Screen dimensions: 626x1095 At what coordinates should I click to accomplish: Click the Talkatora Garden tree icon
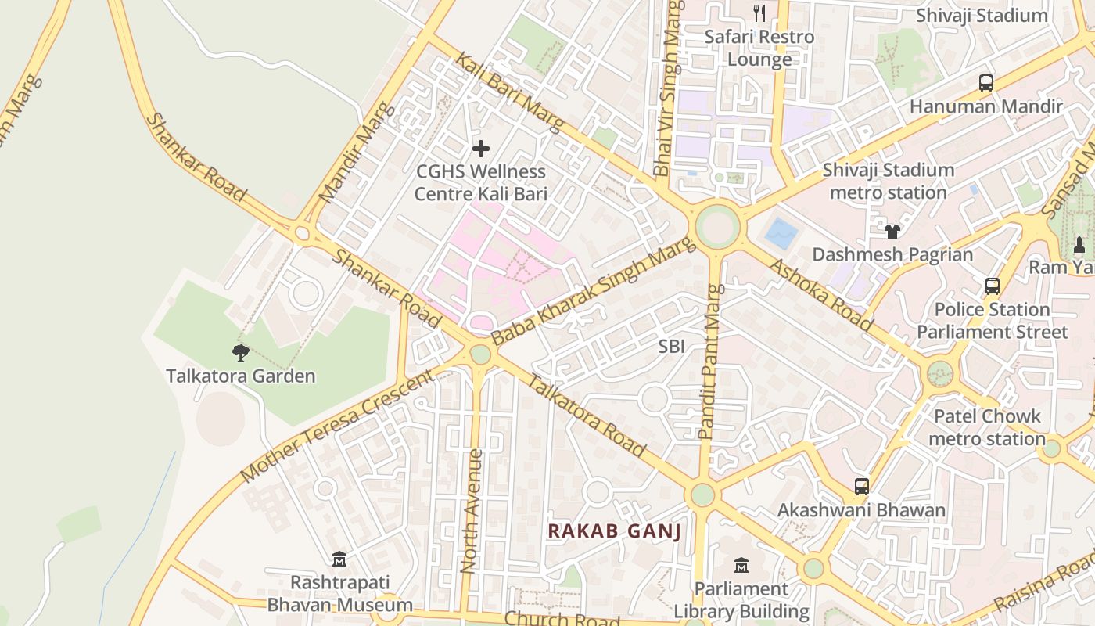coord(241,353)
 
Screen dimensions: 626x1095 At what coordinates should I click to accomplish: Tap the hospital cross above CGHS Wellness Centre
coord(481,148)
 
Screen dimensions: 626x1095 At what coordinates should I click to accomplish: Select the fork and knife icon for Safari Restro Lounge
coord(759,13)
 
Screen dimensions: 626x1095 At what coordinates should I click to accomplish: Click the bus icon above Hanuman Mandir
coord(985,82)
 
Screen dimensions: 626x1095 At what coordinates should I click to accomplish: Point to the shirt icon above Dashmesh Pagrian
coord(892,231)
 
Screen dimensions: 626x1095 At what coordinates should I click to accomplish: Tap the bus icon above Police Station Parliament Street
coord(992,286)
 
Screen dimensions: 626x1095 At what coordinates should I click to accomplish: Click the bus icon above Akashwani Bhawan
coord(861,487)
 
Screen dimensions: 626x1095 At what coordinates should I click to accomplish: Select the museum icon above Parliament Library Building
coord(741,565)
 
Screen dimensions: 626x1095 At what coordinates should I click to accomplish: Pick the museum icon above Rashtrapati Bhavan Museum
coord(339,559)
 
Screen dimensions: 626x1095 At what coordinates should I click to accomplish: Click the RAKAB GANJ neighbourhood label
coord(614,531)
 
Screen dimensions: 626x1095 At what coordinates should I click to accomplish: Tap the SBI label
coord(671,346)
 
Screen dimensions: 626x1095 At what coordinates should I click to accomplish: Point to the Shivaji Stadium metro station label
coord(888,181)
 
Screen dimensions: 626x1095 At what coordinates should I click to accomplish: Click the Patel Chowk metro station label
coord(987,427)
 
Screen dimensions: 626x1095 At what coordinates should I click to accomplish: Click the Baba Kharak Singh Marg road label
coord(593,292)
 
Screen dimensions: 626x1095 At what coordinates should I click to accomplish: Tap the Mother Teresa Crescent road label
coord(337,426)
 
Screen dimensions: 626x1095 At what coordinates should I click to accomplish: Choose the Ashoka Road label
coord(821,293)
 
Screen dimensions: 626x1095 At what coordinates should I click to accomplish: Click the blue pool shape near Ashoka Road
coord(781,234)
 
